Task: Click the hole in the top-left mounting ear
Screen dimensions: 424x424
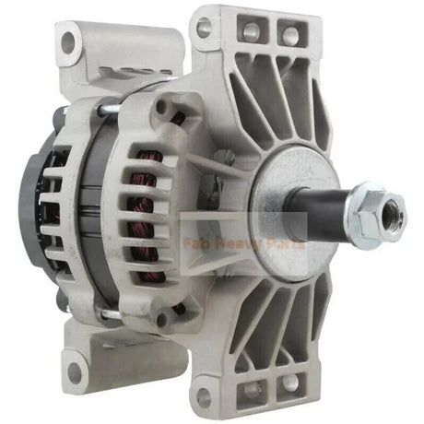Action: (x=65, y=40)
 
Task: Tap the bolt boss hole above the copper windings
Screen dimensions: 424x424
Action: (x=163, y=107)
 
